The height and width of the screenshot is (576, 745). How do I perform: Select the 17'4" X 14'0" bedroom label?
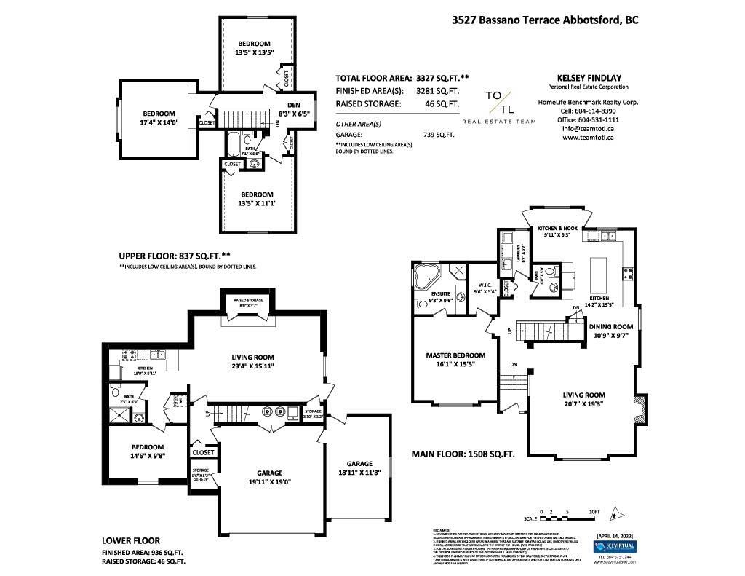[158, 118]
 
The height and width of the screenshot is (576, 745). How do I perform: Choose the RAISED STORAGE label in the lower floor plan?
[248, 300]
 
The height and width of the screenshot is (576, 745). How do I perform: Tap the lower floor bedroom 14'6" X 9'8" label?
[148, 451]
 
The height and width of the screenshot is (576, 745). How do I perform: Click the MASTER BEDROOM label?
[455, 360]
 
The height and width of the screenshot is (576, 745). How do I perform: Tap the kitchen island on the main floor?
[599, 269]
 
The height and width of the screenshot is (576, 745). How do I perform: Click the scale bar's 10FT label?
[593, 513]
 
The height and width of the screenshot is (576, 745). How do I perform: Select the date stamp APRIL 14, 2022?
[615, 536]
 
